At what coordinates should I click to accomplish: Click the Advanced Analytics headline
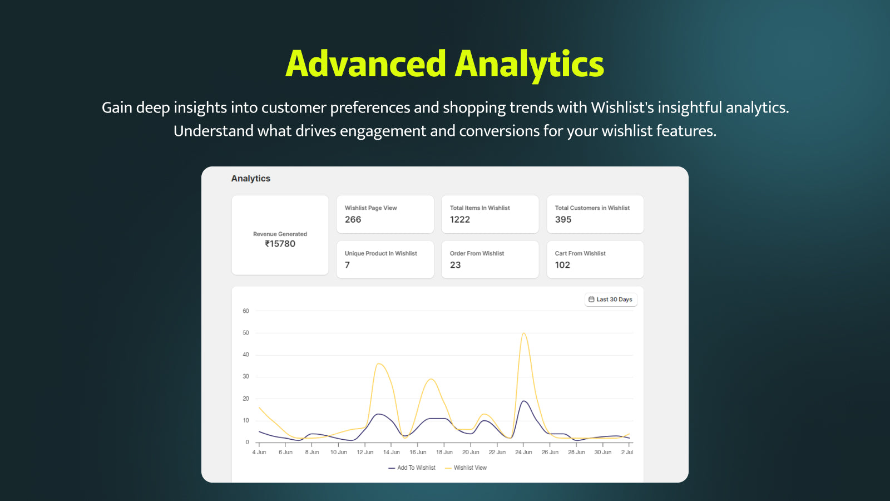click(444, 65)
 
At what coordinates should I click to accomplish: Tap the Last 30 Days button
click(611, 299)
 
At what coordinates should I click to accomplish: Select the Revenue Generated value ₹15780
click(280, 244)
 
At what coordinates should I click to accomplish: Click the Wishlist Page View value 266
click(353, 219)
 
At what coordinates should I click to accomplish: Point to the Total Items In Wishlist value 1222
click(459, 219)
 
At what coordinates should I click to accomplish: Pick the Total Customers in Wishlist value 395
click(563, 219)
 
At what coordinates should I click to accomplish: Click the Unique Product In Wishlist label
click(380, 253)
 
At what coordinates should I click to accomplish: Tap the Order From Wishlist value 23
click(456, 265)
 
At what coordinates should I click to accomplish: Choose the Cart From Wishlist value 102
click(562, 265)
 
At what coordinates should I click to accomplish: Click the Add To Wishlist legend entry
click(412, 468)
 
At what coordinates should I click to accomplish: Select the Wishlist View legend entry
click(466, 468)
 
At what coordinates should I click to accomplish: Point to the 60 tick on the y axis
click(246, 311)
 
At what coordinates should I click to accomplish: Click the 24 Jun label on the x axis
click(523, 452)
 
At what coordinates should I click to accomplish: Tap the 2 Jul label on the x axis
click(627, 452)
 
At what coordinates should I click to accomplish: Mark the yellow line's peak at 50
click(524, 333)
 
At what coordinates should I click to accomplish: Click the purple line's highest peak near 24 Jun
click(524, 401)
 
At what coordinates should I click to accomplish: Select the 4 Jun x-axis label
click(259, 452)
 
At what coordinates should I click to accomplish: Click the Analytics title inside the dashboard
click(251, 179)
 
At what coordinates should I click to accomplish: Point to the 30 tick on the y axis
click(246, 376)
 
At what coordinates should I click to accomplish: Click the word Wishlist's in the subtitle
click(622, 108)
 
